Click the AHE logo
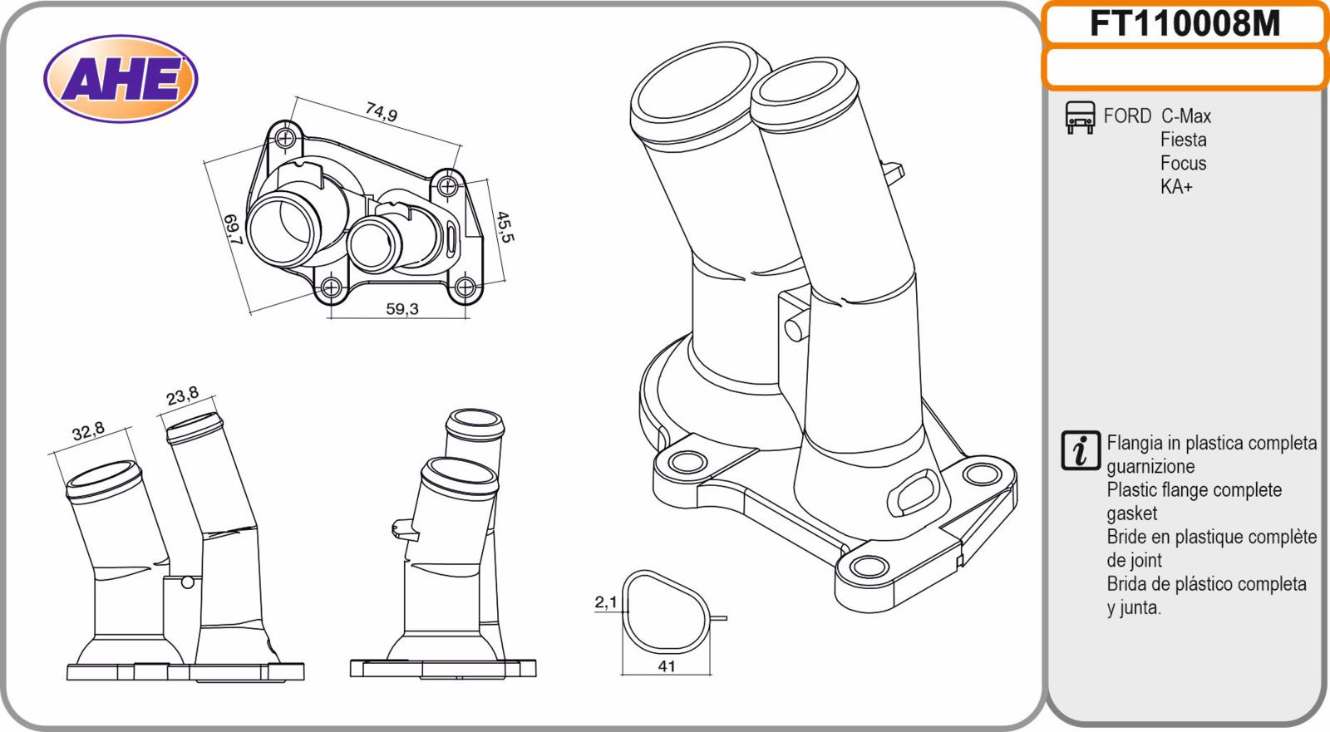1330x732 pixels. pos(121,78)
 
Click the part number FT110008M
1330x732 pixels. pos(1185,24)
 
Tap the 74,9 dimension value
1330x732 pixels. pos(382,111)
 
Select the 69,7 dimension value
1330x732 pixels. pos(234,229)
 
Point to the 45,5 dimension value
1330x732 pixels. pos(505,227)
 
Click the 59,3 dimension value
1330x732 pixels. pos(402,309)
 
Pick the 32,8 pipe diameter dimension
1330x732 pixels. pos(88,431)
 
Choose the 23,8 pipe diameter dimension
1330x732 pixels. pos(182,396)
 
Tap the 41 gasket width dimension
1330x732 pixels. pos(667,666)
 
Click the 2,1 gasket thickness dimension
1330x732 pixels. pos(606,602)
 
